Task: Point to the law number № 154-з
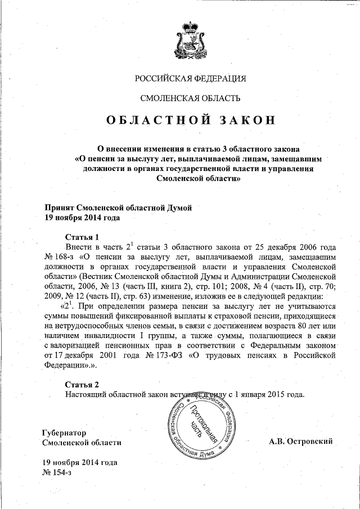pos(57,472)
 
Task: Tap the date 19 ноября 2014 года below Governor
pos(79,462)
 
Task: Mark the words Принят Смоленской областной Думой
pos(118,208)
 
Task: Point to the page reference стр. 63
pos(141,296)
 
